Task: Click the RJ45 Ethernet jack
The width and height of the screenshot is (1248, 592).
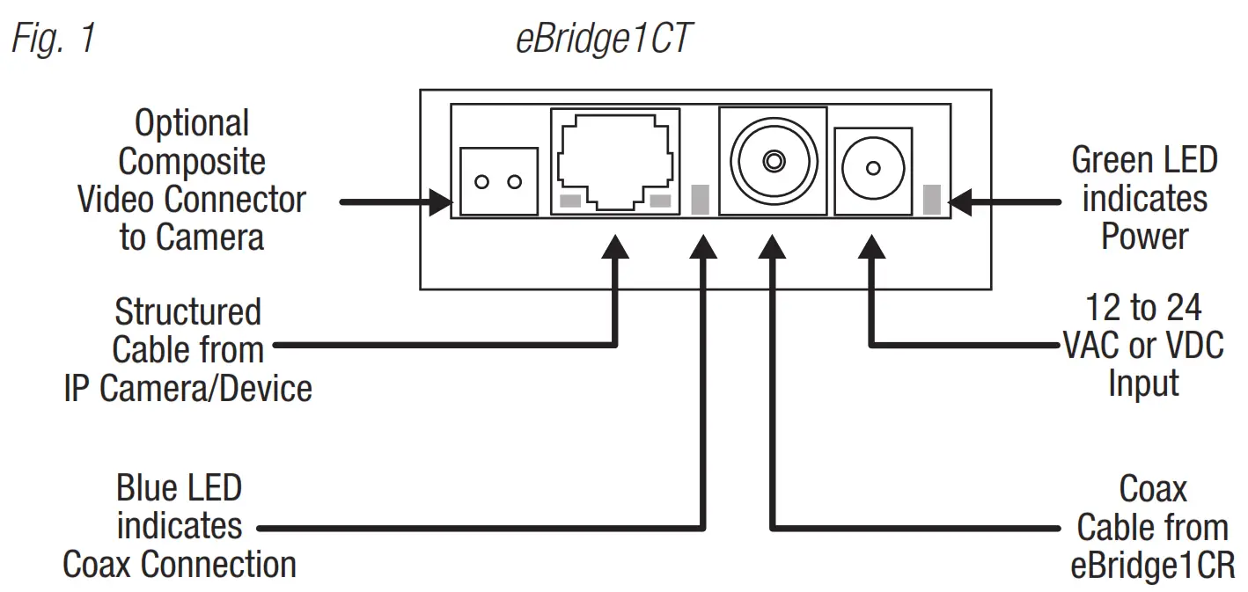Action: tap(615, 160)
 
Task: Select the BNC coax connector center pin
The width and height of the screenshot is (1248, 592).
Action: tap(773, 161)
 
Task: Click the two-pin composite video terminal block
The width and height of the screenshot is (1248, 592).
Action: tap(498, 181)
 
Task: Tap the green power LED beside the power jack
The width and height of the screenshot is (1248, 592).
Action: tap(931, 200)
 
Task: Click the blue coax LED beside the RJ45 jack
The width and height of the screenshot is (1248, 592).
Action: tap(701, 200)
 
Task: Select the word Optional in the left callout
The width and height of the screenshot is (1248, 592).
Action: tap(192, 123)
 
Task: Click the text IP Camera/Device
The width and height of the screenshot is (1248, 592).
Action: tap(188, 388)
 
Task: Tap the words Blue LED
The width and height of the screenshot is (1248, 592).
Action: tap(179, 488)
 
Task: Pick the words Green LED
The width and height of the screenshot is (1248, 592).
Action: tap(1144, 161)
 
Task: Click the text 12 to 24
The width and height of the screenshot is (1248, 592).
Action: tap(1143, 309)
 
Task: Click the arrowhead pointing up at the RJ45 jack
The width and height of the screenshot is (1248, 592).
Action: tap(614, 245)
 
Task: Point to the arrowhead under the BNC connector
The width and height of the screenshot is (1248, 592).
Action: tap(772, 245)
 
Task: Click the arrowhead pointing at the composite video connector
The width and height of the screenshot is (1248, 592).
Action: tap(439, 202)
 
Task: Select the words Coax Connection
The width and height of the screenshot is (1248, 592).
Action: tap(180, 564)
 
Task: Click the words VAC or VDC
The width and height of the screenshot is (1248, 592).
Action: tap(1143, 347)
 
